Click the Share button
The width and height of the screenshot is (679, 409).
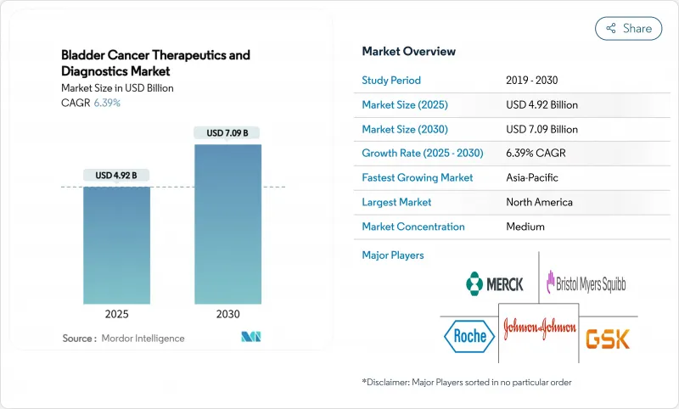click(x=628, y=28)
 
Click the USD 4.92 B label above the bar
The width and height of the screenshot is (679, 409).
click(x=116, y=176)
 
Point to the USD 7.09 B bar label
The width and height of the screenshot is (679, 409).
click(x=227, y=133)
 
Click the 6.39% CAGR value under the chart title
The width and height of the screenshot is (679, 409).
click(x=106, y=103)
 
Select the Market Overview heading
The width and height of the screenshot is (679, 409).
click(x=408, y=51)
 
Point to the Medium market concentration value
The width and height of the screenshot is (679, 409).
click(x=525, y=227)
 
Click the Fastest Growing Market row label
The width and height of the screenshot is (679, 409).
click(x=417, y=178)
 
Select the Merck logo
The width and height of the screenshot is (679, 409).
click(x=495, y=283)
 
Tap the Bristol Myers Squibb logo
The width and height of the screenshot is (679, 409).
click(x=586, y=282)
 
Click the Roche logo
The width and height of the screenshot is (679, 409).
click(x=467, y=336)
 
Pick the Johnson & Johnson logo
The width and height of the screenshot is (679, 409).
click(x=539, y=328)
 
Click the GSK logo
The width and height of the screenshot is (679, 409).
click(x=608, y=338)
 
